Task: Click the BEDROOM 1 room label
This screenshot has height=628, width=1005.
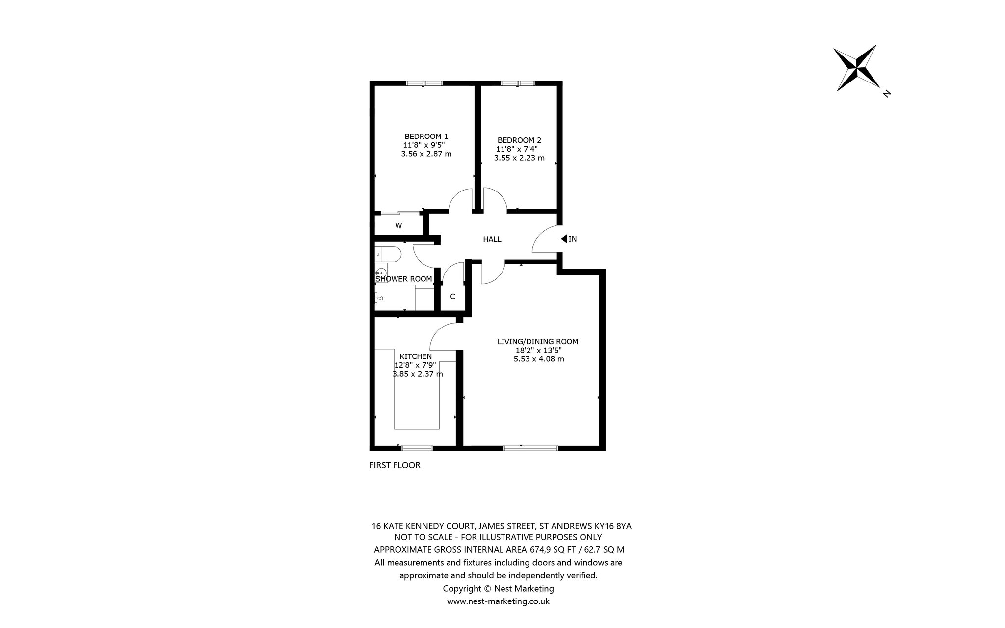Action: (x=426, y=137)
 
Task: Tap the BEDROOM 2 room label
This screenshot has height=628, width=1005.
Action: (x=519, y=140)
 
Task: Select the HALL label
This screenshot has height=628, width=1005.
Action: (x=492, y=240)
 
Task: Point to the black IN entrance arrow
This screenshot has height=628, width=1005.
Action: (x=564, y=239)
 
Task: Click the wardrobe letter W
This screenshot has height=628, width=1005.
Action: (x=398, y=226)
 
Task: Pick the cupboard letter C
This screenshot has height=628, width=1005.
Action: (x=452, y=297)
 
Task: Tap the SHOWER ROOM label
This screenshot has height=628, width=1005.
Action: (x=404, y=279)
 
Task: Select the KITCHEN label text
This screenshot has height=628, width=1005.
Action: (x=416, y=356)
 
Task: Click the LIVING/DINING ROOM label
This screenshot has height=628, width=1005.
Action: (x=538, y=342)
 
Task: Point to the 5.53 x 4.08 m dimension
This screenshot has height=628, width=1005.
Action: (x=538, y=359)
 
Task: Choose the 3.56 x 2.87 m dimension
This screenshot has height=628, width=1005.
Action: (x=426, y=154)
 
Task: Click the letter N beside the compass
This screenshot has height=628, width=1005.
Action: (x=886, y=93)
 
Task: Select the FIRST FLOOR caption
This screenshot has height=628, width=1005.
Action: (x=395, y=465)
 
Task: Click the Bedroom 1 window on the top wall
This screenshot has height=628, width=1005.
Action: (x=424, y=83)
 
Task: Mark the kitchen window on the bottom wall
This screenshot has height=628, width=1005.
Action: (x=417, y=448)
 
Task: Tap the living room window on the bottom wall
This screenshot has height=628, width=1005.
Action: (x=530, y=448)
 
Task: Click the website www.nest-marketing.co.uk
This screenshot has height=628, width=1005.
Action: (x=498, y=601)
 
